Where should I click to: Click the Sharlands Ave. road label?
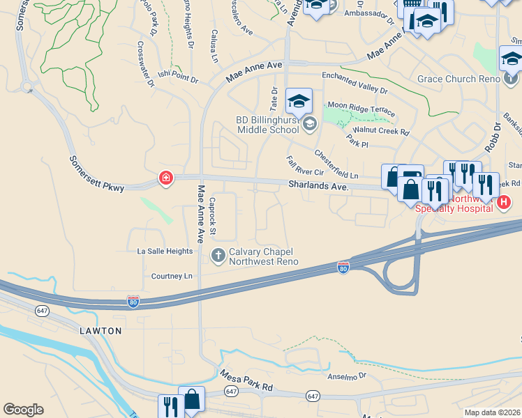click(x=318, y=186)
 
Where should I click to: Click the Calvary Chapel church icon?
click(x=218, y=256)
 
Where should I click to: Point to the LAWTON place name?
click(x=100, y=330)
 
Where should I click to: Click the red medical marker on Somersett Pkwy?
click(x=166, y=178)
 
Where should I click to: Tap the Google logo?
click(x=23, y=410)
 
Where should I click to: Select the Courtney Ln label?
click(x=172, y=276)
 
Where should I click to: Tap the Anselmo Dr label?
click(x=347, y=376)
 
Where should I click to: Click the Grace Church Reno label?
click(x=458, y=79)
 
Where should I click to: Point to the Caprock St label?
click(x=214, y=215)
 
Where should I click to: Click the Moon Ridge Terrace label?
click(x=361, y=108)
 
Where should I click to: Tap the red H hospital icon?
click(x=505, y=202)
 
